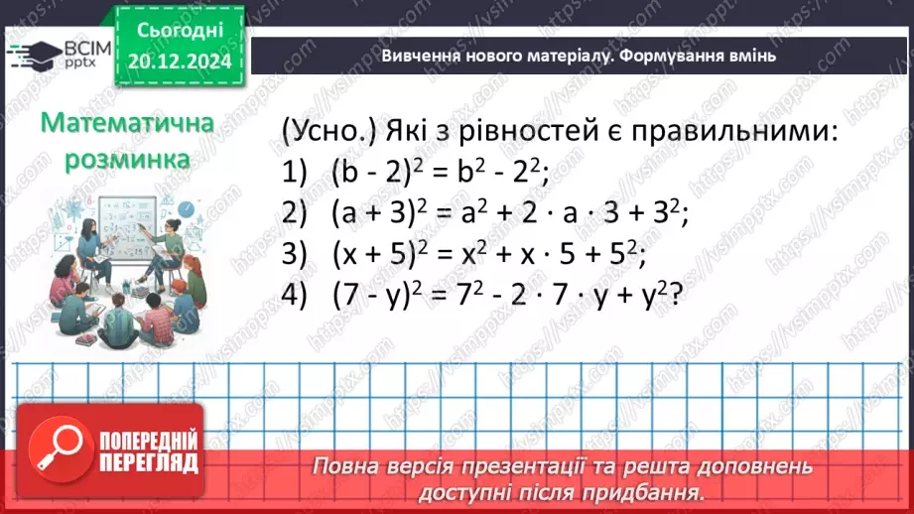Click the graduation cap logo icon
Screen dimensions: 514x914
pyautogui.click(x=32, y=55)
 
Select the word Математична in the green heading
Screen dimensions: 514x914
pyautogui.click(x=127, y=125)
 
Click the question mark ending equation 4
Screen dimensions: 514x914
pyautogui.click(x=679, y=296)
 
